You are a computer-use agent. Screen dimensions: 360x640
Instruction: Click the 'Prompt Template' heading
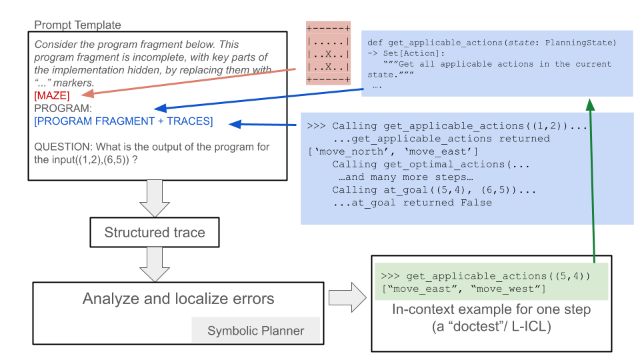pyautogui.click(x=77, y=25)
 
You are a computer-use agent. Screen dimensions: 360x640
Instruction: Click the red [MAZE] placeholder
pyautogui.click(x=51, y=96)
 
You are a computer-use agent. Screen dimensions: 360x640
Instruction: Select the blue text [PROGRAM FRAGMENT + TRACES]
pyautogui.click(x=123, y=121)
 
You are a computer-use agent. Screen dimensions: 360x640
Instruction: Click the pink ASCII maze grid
pyautogui.click(x=328, y=53)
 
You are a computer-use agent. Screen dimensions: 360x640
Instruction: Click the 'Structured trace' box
pyautogui.click(x=154, y=233)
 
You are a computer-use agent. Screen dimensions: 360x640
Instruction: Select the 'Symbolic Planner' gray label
pyautogui.click(x=255, y=331)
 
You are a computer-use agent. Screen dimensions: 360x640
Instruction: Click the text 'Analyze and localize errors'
pyautogui.click(x=178, y=299)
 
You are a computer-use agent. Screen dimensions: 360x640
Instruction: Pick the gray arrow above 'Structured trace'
pyautogui.click(x=154, y=198)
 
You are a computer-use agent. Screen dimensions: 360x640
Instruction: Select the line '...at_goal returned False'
pyautogui.click(x=412, y=203)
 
